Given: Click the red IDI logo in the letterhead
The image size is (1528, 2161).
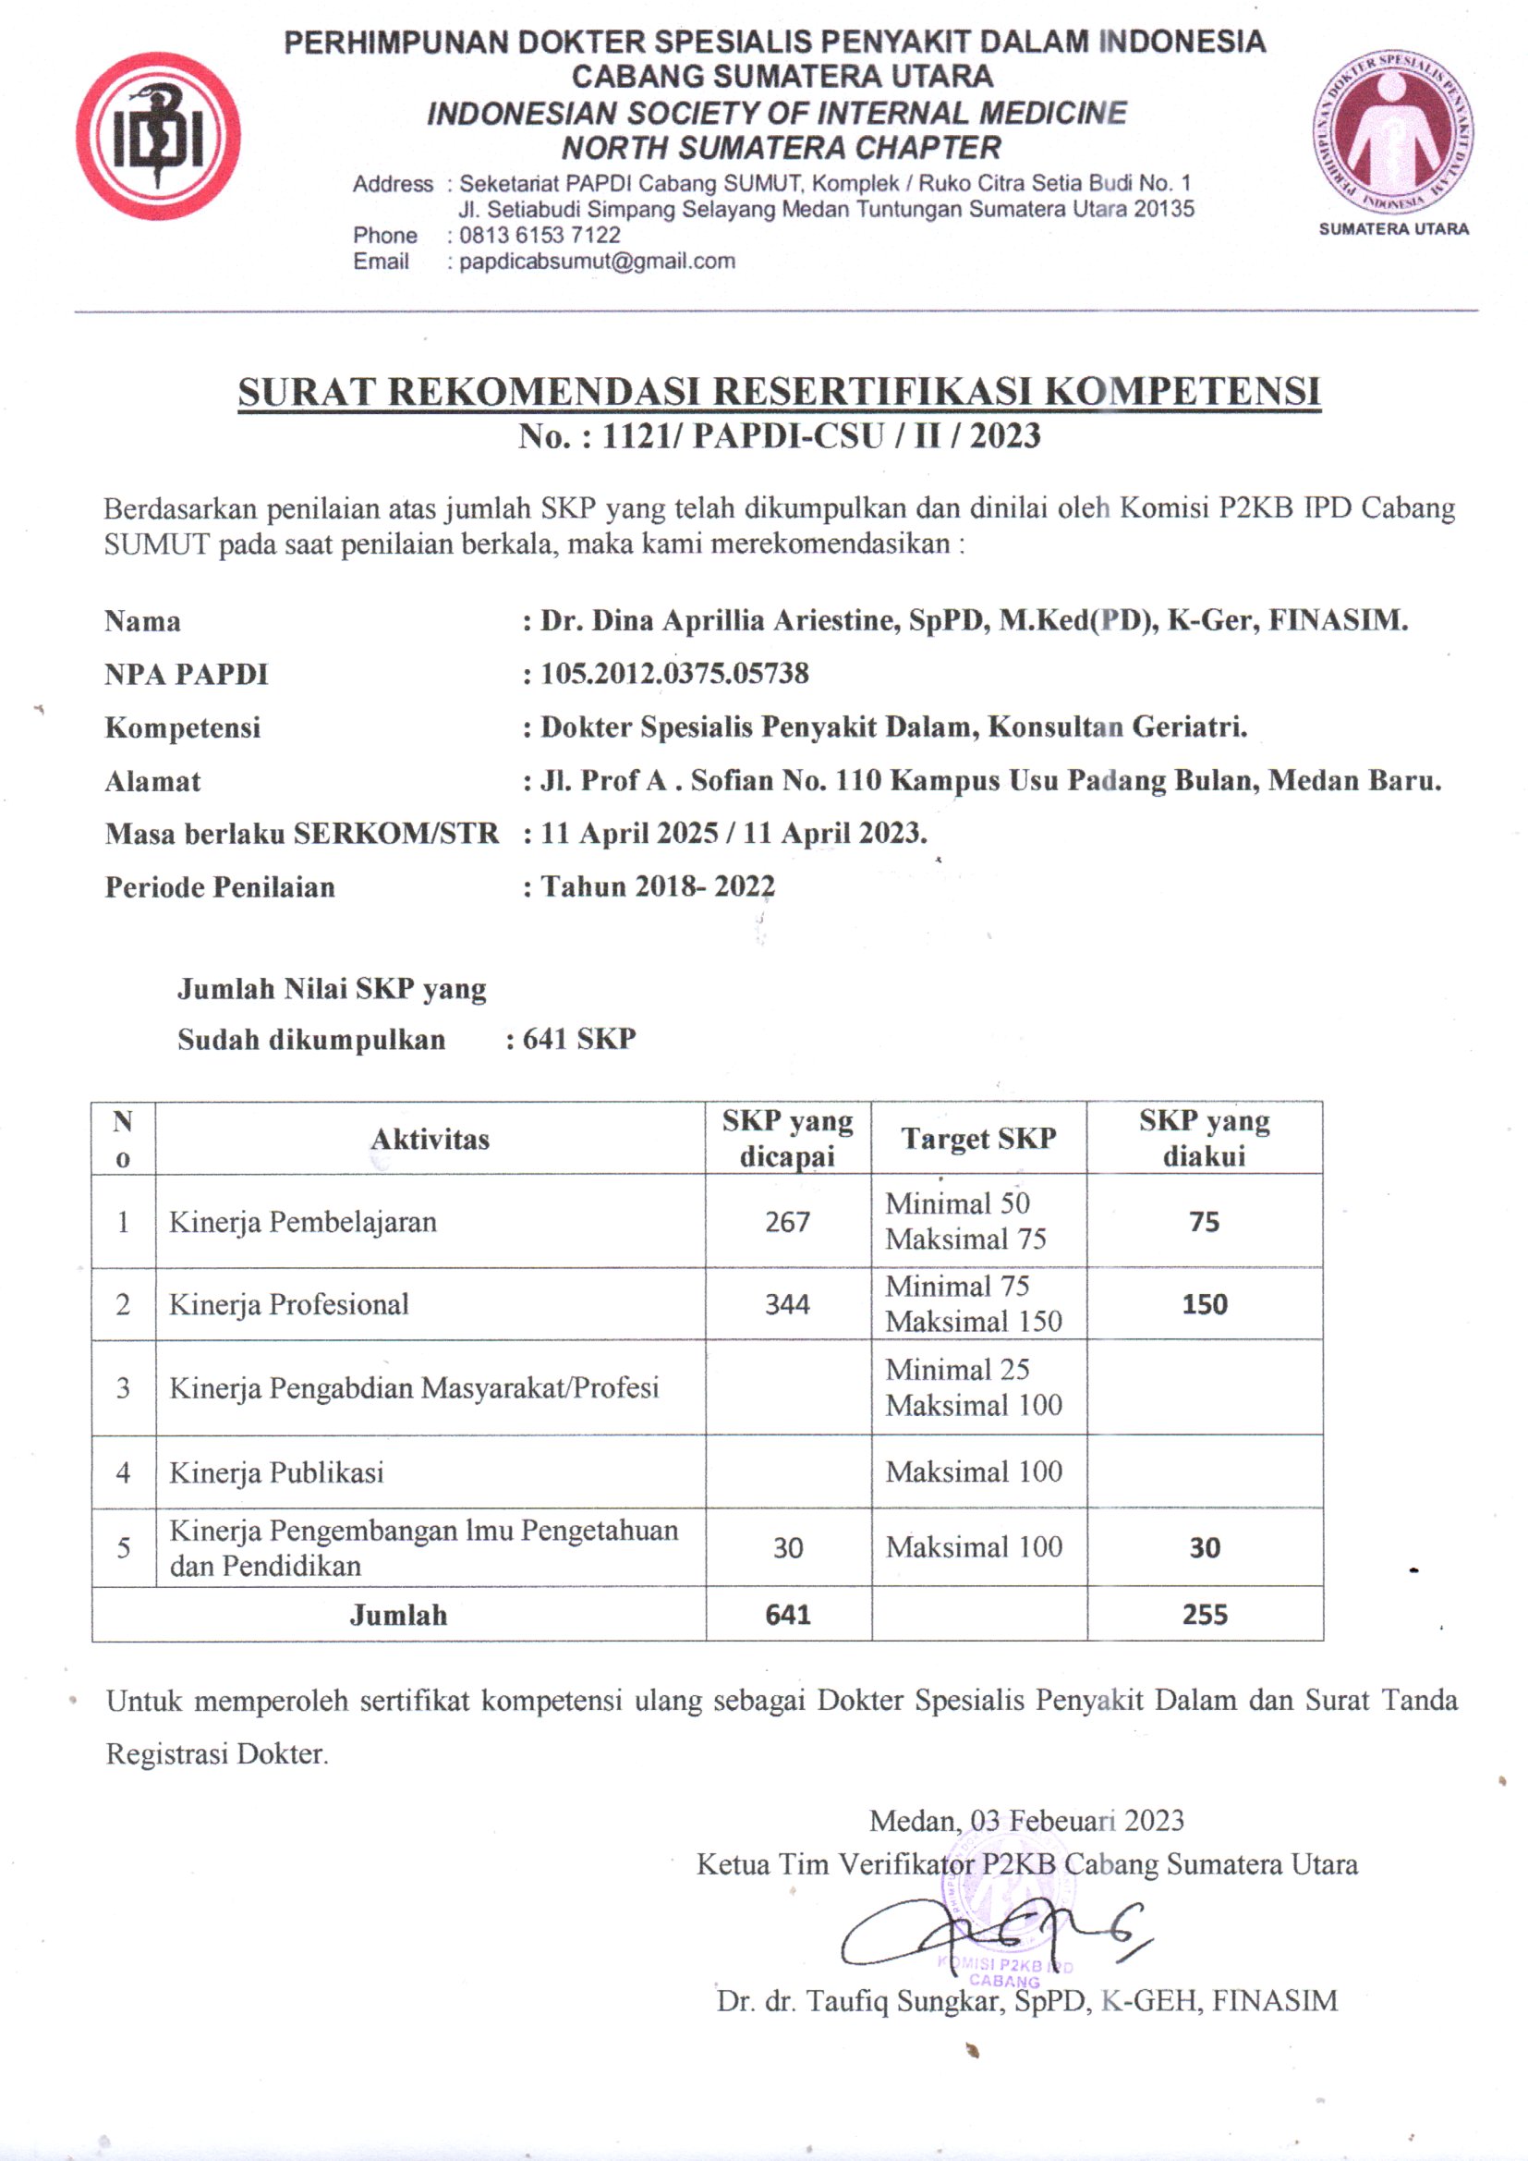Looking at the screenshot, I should pyautogui.click(x=158, y=137).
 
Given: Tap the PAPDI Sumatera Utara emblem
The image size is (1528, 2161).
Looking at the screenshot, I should pyautogui.click(x=1392, y=133).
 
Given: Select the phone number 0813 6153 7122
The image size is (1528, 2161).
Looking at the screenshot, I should pyautogui.click(x=540, y=236).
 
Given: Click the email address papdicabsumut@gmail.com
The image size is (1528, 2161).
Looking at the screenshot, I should pyautogui.click(x=597, y=262).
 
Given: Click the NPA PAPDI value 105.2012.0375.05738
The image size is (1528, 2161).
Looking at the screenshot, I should pyautogui.click(x=674, y=673).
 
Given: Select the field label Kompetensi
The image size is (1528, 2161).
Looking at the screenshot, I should pyautogui.click(x=183, y=727).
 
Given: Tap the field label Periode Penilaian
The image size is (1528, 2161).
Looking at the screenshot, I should pyautogui.click(x=219, y=886).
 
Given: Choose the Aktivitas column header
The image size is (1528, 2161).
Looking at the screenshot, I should pyautogui.click(x=430, y=1139).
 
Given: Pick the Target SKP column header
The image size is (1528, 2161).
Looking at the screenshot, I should pyautogui.click(x=978, y=1138).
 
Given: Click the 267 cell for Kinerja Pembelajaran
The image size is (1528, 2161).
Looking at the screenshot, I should pyautogui.click(x=787, y=1222).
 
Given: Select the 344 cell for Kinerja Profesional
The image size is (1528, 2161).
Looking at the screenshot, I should pyautogui.click(x=787, y=1304).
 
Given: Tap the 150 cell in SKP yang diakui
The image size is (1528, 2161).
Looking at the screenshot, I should pyautogui.click(x=1205, y=1304).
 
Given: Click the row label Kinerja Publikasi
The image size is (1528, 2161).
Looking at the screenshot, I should pyautogui.click(x=276, y=1472).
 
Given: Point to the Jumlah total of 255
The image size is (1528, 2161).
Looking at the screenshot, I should pyautogui.click(x=1205, y=1615).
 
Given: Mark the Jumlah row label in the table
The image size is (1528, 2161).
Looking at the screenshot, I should pyautogui.click(x=398, y=1615).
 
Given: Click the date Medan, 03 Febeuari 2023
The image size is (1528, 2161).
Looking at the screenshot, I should pyautogui.click(x=1026, y=1820).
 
